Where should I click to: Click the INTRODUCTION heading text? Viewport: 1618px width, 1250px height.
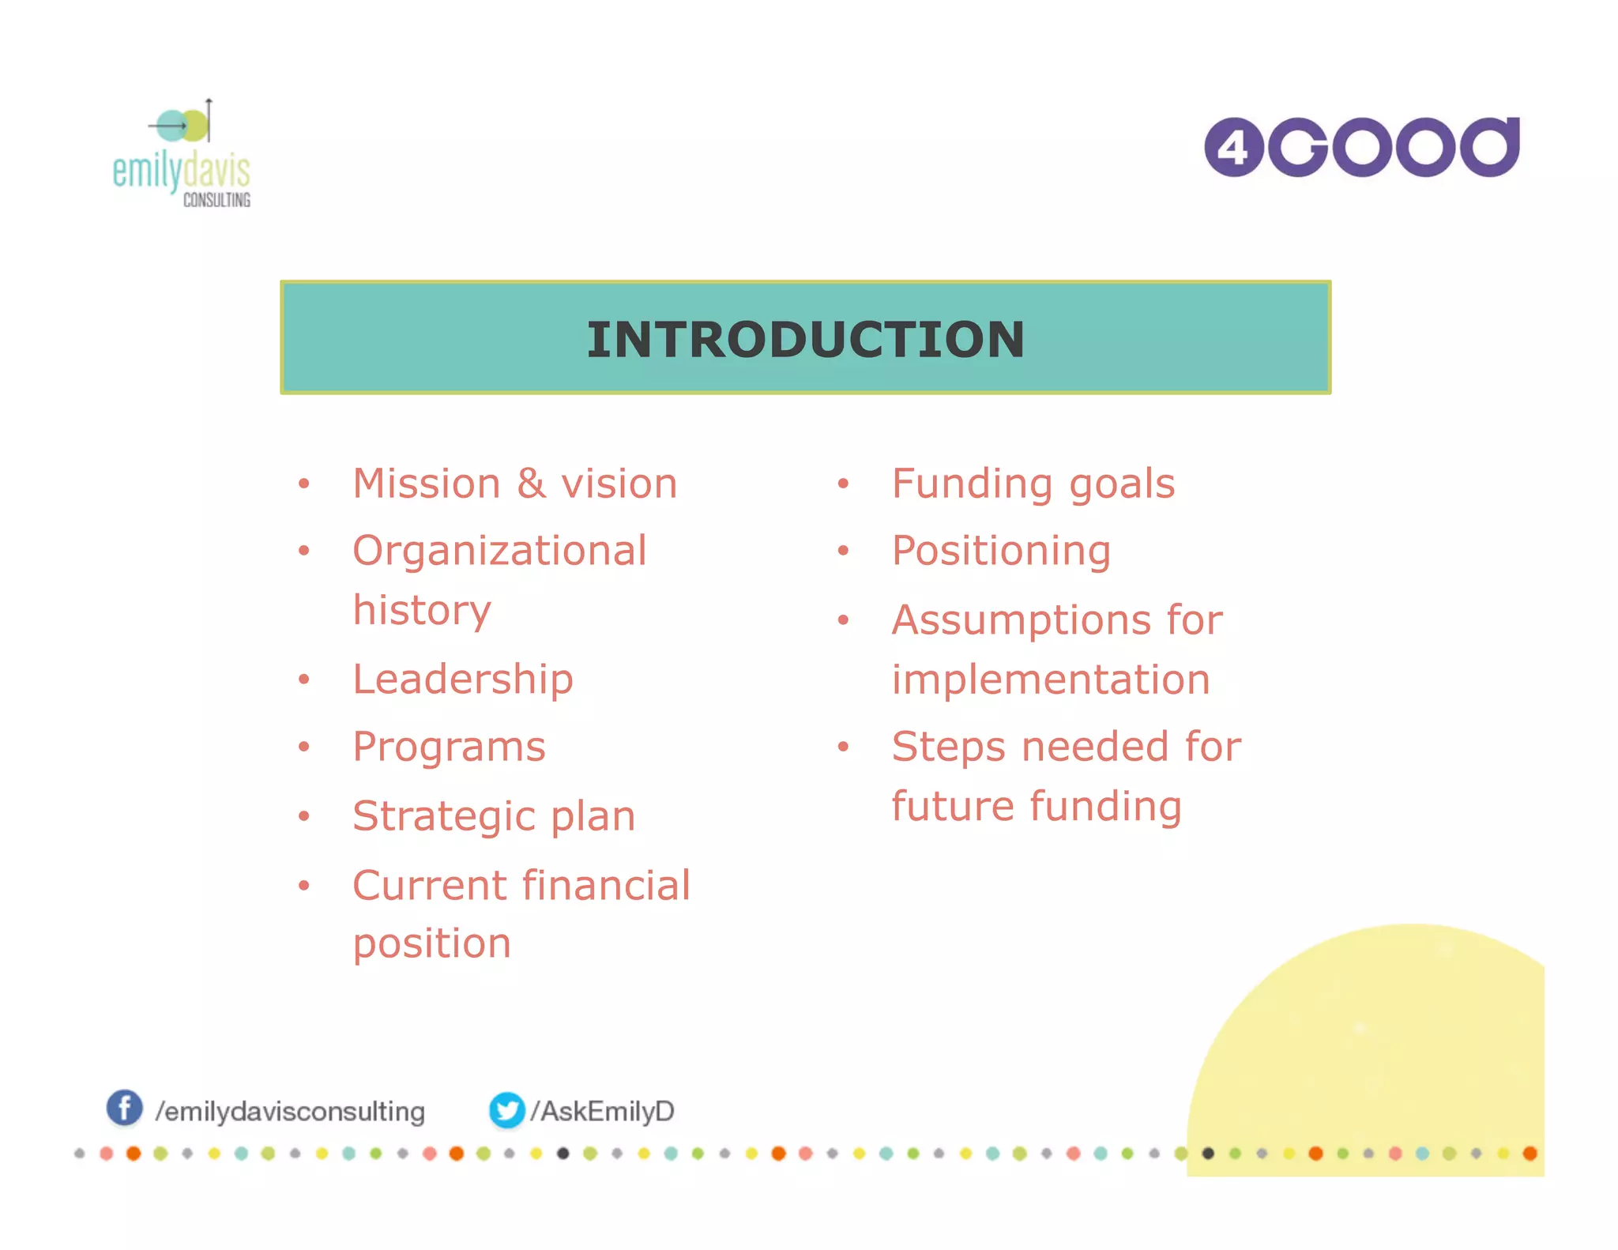point(805,340)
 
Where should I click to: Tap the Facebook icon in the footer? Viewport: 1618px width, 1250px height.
point(125,1108)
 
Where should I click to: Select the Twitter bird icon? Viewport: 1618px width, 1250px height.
point(506,1110)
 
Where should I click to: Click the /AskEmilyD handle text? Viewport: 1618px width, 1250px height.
point(603,1111)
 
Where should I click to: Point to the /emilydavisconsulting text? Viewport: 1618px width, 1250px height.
point(290,1112)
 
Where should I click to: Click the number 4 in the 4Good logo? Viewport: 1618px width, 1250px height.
point(1233,148)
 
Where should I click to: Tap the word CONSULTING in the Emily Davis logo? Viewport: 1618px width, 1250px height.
point(216,200)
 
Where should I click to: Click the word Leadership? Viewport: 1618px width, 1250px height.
point(463,680)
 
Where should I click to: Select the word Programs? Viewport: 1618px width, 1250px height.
point(449,747)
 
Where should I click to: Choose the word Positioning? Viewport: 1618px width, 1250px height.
point(1001,551)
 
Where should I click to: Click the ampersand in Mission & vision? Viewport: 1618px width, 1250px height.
point(532,484)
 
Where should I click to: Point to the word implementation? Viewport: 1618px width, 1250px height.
point(1051,680)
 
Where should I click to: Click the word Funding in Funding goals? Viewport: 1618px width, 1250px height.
point(972,484)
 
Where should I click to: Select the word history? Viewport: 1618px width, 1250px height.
point(422,611)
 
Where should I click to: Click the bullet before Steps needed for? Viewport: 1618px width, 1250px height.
point(843,747)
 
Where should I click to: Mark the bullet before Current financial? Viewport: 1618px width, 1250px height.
point(304,886)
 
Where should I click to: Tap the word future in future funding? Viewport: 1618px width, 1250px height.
point(953,807)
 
